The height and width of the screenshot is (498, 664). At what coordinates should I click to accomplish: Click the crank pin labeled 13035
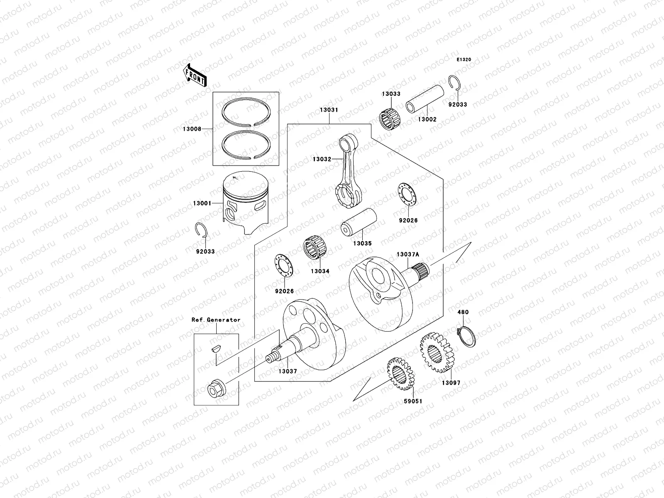(358, 225)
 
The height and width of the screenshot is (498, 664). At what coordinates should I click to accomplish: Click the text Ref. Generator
(216, 320)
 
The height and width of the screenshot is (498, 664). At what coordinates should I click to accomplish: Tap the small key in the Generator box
(215, 349)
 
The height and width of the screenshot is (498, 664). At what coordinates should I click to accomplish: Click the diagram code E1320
(464, 60)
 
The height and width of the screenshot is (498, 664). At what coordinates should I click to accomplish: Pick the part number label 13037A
(408, 254)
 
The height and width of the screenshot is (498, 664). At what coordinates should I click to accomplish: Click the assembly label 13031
(329, 110)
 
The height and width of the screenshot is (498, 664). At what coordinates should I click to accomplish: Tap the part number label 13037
(288, 371)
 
